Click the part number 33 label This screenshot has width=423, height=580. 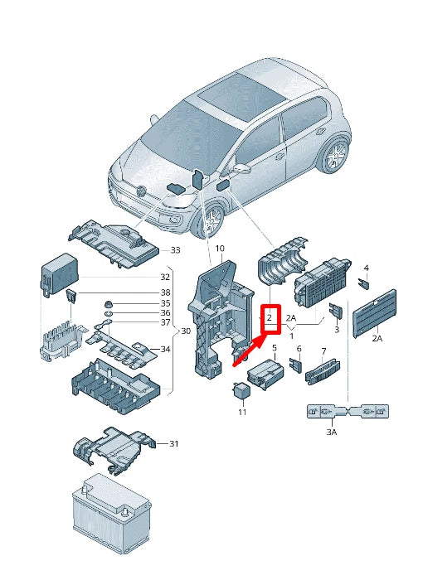tap(175, 249)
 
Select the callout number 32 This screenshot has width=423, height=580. tap(165, 277)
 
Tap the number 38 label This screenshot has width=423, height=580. tap(165, 292)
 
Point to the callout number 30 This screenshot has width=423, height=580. tap(185, 331)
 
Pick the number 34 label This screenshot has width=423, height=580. tap(165, 349)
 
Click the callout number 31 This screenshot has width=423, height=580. tap(174, 444)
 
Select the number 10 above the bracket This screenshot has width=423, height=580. tap(220, 249)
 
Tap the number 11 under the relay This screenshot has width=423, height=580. tap(242, 412)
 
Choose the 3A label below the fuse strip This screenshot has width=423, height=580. tap(331, 432)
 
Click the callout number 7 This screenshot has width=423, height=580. tap(323, 352)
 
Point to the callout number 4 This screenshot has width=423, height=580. tap(366, 268)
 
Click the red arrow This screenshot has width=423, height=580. tap(249, 352)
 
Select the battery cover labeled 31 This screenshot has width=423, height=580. tap(112, 449)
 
